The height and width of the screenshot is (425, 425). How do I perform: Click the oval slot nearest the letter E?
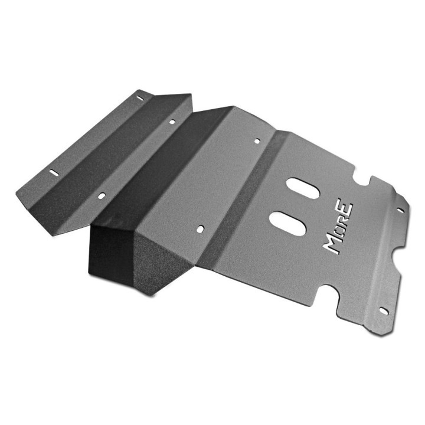[x=302, y=188]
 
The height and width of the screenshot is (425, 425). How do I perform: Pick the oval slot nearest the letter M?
[x=288, y=223]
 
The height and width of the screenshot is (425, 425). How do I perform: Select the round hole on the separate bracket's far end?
[x=172, y=122]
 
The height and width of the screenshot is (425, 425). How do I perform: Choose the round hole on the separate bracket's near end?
[x=102, y=195]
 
